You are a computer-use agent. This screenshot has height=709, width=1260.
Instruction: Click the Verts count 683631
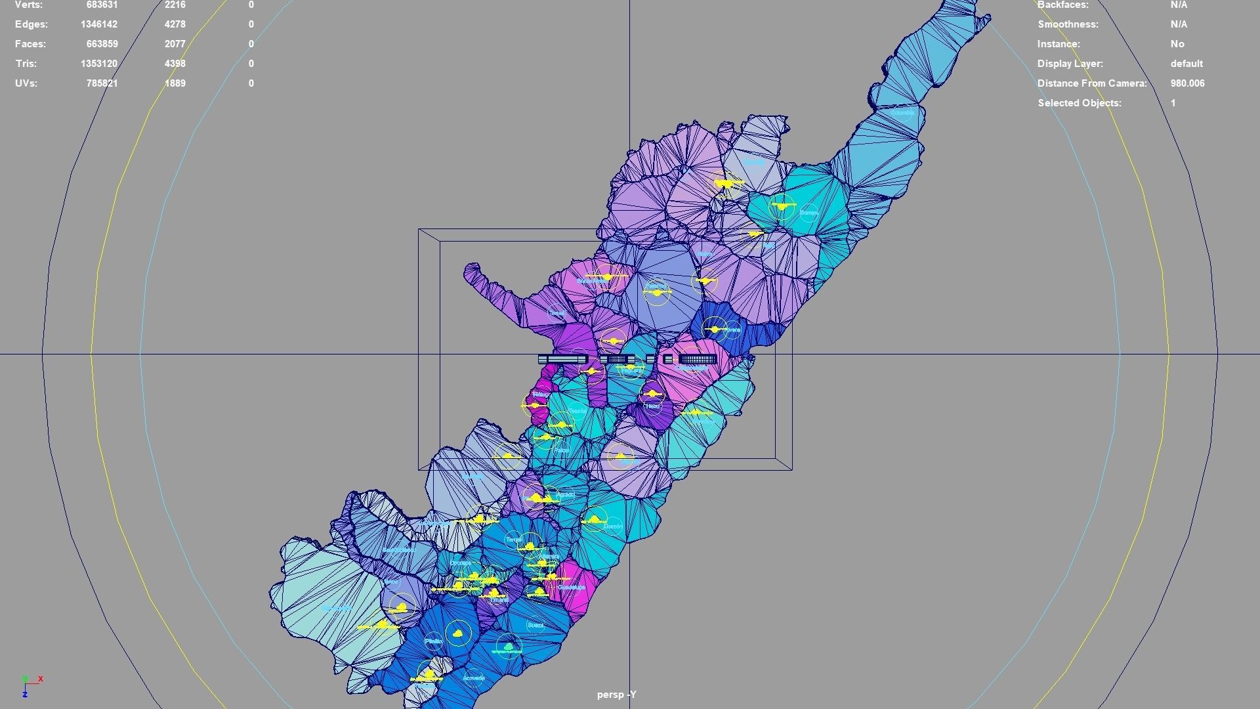coord(102,5)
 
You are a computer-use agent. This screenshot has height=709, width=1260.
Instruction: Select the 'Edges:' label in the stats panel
coord(31,24)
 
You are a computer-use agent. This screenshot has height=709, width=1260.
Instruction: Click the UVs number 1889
coord(175,83)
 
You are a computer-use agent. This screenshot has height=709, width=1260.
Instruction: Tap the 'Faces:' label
coord(31,44)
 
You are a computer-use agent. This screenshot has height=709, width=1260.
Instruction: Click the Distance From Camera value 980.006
coord(1187,83)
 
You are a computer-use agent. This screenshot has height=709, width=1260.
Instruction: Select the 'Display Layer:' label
coord(1070,64)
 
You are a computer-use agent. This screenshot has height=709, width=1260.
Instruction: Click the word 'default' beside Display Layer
coord(1186,64)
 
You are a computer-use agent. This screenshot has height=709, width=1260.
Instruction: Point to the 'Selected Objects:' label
coord(1079,103)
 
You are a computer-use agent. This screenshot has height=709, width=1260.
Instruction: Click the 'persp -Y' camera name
coord(616,695)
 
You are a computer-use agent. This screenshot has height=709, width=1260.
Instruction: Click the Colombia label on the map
coord(902,113)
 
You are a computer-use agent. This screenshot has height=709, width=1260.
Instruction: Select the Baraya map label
coord(808,213)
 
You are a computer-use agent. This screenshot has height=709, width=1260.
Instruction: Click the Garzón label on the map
coord(612,526)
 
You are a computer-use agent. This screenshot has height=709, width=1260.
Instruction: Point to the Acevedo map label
coord(473,678)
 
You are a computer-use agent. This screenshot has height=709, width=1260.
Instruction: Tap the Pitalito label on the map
coord(433,641)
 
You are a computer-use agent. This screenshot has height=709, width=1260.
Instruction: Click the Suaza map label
coord(535,626)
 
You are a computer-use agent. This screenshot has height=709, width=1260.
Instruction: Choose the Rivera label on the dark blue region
coord(732,330)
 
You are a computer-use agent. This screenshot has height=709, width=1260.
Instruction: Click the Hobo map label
coord(652,406)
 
